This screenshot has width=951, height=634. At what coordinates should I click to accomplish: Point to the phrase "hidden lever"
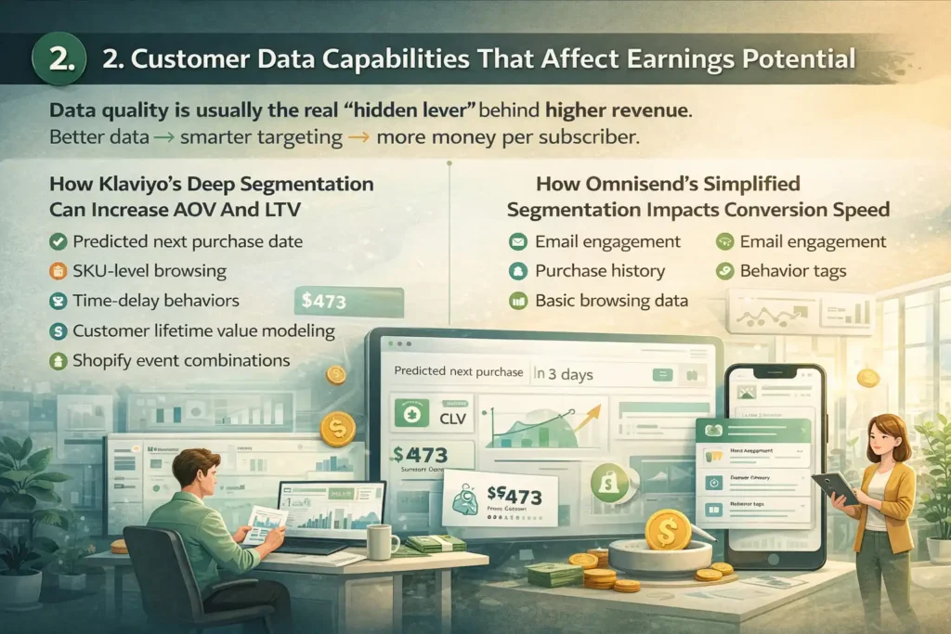[404, 110]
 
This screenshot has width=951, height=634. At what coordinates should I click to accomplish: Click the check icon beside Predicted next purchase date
[58, 241]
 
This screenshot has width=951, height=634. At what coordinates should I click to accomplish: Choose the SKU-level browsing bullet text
[150, 271]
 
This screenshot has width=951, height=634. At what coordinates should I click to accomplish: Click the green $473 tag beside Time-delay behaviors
[348, 302]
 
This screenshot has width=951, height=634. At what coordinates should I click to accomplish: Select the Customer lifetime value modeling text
[202, 330]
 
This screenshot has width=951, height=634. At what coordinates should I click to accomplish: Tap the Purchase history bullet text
[600, 271]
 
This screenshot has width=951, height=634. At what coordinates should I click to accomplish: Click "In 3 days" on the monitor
[565, 375]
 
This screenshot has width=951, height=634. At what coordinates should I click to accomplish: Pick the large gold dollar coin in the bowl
[667, 530]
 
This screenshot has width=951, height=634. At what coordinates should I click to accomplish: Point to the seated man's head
[197, 467]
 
